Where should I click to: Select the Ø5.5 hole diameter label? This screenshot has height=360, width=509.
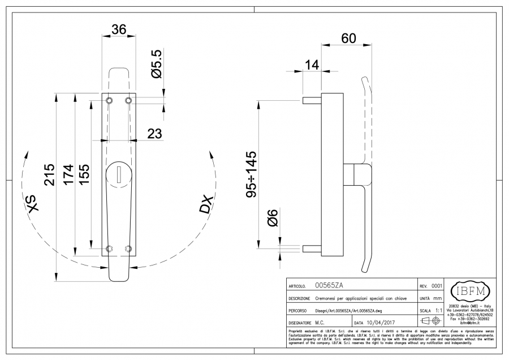(x=157, y=63)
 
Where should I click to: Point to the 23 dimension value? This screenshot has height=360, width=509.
(x=154, y=134)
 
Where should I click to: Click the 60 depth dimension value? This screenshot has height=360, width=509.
(x=349, y=38)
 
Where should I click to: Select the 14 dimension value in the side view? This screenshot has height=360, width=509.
(x=312, y=65)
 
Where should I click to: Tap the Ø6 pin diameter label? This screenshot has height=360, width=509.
(x=272, y=217)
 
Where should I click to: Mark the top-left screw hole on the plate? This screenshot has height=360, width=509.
(x=110, y=100)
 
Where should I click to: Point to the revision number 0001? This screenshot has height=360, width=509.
(x=437, y=287)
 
